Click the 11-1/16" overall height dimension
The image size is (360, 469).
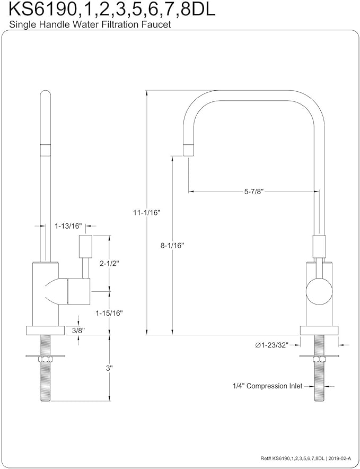[x=146, y=212]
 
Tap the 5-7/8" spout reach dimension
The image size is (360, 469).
[x=254, y=192]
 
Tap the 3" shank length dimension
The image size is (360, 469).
[x=109, y=367]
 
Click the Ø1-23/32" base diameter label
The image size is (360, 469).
[x=271, y=345]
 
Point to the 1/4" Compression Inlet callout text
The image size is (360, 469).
[x=267, y=386]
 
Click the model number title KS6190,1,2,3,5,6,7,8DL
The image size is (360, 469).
[x=109, y=10]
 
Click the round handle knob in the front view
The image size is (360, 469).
[x=320, y=291]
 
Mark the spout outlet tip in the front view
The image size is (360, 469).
[x=188, y=149]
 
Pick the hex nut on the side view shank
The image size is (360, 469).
[x=45, y=361]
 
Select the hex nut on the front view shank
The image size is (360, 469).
[x=319, y=361]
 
